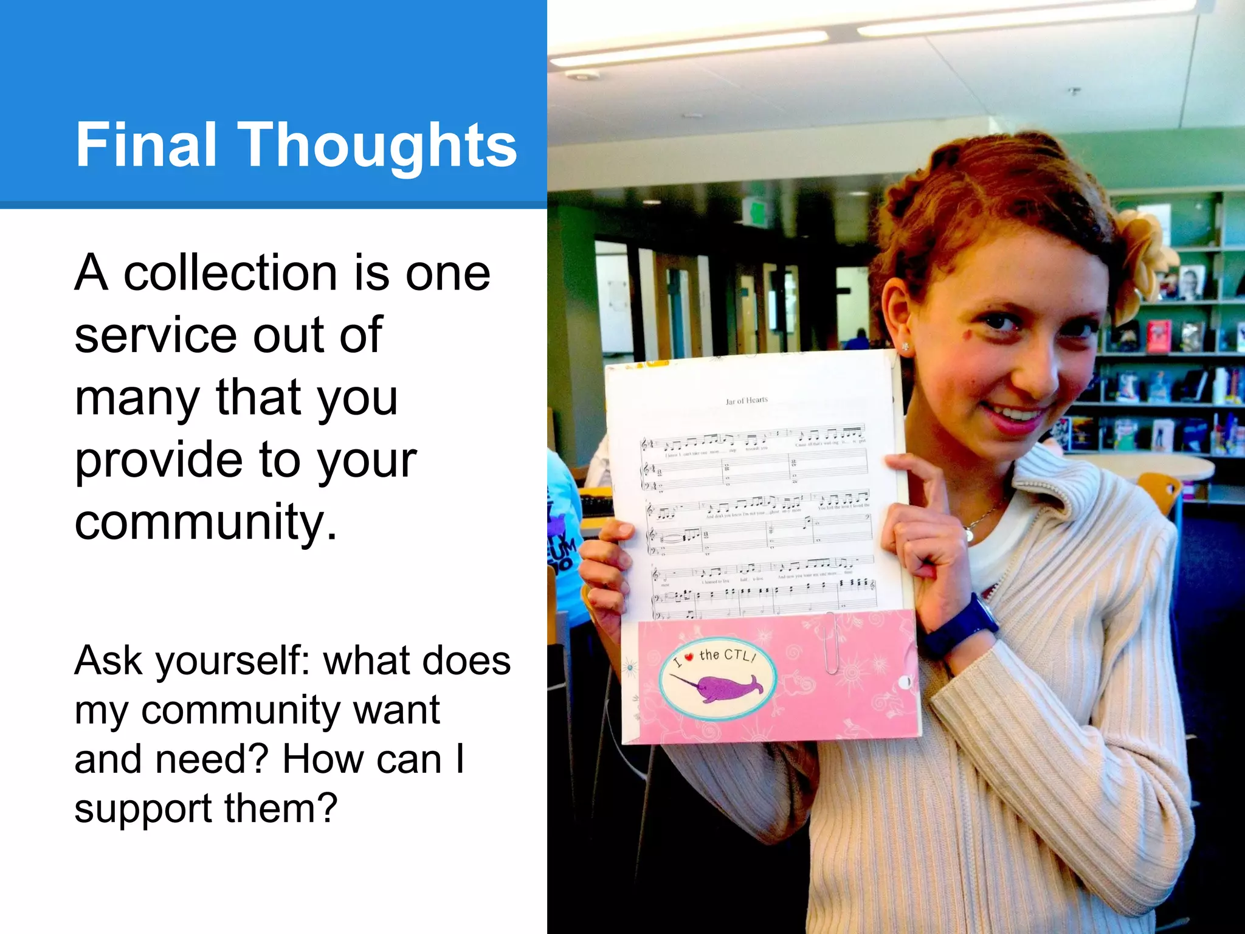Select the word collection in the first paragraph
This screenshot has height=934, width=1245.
pos(230,273)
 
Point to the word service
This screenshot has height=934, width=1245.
pos(156,335)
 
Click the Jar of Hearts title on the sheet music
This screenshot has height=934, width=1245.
pos(747,400)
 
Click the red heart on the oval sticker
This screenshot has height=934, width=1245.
pos(689,657)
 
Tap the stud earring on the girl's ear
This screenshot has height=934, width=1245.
pos(906,347)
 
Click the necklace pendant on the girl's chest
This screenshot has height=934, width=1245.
pos(968,535)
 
